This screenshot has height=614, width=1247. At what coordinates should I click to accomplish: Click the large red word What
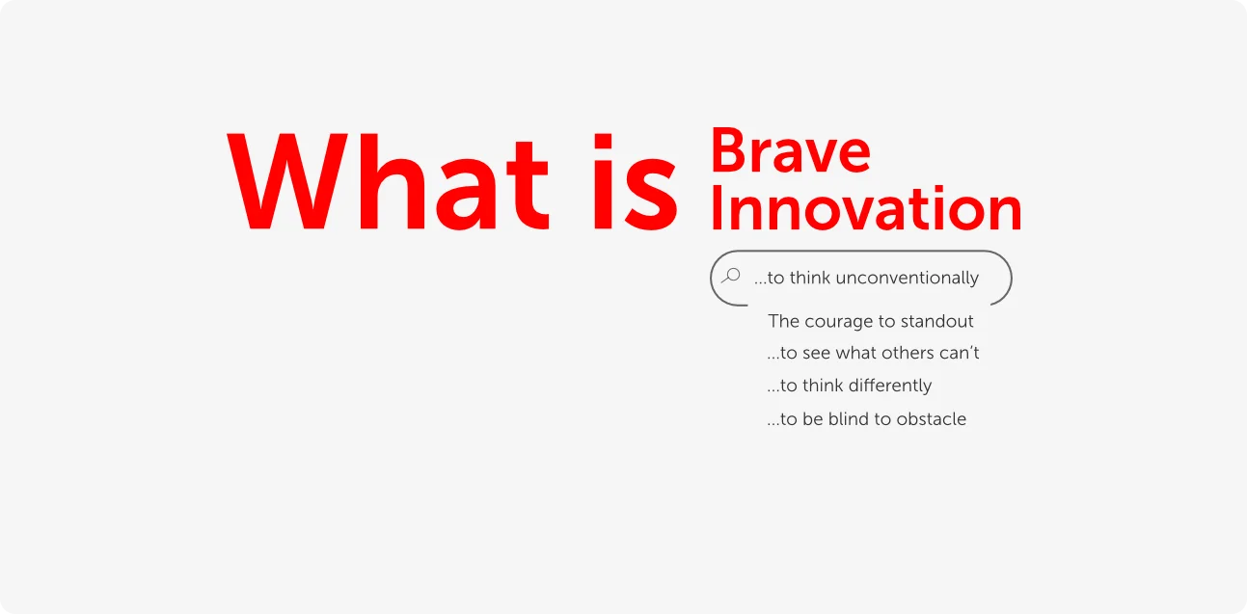[388, 182]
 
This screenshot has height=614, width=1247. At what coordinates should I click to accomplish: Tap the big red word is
[636, 182]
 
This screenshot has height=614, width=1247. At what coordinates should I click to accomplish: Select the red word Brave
[791, 150]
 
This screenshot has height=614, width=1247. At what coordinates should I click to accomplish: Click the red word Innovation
[866, 208]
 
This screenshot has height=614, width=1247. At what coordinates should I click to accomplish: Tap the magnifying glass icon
[731, 276]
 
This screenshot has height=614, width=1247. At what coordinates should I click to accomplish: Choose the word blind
[849, 418]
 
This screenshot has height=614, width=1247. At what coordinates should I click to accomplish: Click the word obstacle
[931, 418]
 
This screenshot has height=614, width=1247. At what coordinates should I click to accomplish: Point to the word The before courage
[784, 321]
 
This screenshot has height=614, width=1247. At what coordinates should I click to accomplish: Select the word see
[816, 354]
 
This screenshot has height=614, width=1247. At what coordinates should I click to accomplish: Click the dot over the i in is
[603, 141]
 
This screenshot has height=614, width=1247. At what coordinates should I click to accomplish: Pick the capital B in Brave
[727, 150]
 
